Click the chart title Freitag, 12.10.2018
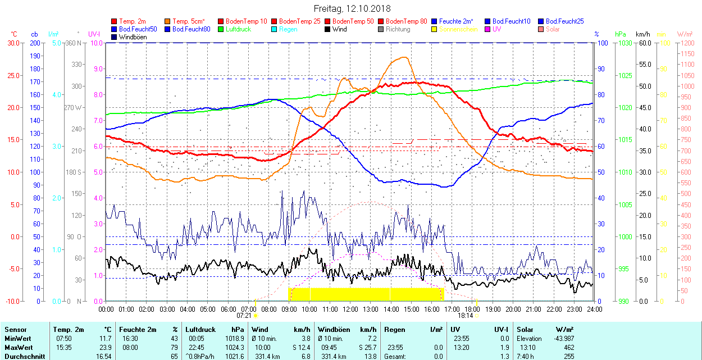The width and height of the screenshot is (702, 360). [352, 8]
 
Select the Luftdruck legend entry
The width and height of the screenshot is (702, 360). [237, 29]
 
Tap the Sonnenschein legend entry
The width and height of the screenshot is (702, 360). [458, 29]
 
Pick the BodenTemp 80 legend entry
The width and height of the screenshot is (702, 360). [407, 21]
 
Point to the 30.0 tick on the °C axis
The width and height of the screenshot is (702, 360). [12, 43]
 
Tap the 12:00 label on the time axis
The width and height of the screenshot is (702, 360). [350, 309]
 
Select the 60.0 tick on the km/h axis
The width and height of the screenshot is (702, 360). [643, 43]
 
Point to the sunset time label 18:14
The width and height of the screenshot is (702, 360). [466, 316]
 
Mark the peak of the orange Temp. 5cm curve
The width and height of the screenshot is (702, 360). [404, 57]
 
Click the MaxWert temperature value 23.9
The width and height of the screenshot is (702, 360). [104, 348]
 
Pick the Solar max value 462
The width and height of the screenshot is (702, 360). [568, 348]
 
